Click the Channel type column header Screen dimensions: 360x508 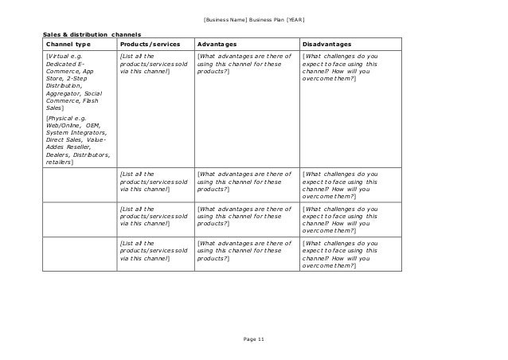pos(68,45)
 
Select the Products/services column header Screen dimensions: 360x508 pos(149,45)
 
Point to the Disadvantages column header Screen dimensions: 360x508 pos(329,45)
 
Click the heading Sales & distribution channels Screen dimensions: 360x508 pos(92,35)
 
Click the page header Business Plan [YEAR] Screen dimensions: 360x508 pos(253,18)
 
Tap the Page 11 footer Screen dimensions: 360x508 pos(254,340)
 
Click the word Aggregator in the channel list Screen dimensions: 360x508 pos(64,93)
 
